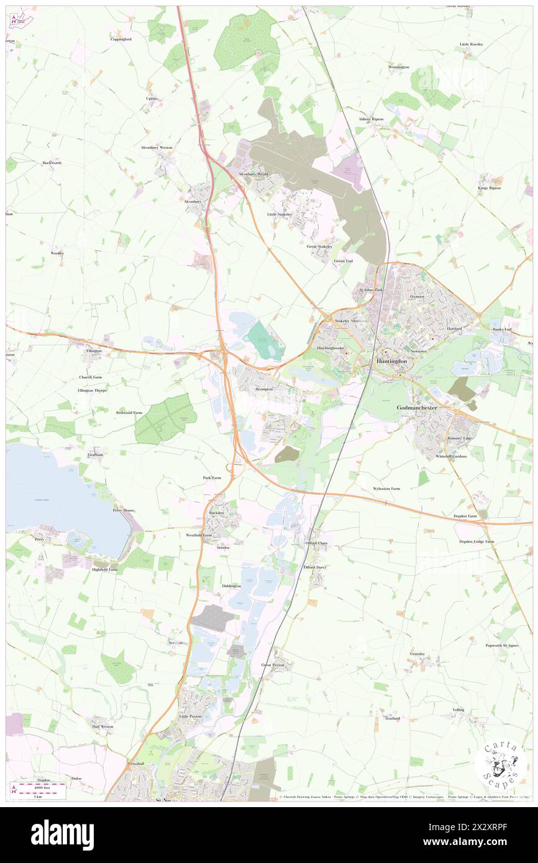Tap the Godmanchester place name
(x=417, y=408)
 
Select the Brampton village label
(x=264, y=389)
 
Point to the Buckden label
(x=216, y=513)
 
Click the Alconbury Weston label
(x=157, y=148)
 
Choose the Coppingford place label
(x=121, y=39)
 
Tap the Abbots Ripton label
(x=371, y=119)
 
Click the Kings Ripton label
(x=489, y=188)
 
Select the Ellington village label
(x=94, y=351)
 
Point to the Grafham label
(x=95, y=455)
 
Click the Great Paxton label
(x=272, y=665)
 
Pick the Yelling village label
(x=458, y=710)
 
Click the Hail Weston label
(x=103, y=726)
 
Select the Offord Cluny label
(x=316, y=543)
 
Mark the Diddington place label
(x=231, y=586)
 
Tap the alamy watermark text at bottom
(x=62, y=834)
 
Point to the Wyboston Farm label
(x=386, y=489)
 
